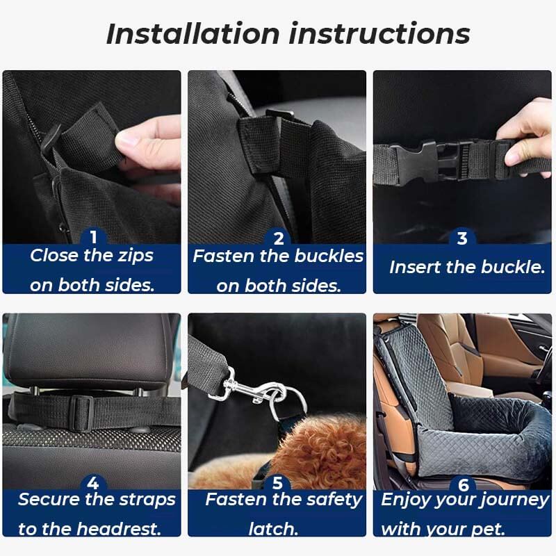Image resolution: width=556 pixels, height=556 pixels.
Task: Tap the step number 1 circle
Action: [92, 238]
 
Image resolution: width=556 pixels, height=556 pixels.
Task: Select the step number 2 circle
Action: [278, 238]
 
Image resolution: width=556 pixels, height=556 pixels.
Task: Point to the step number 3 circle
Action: [462, 238]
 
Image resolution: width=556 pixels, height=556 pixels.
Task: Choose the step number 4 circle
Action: [92, 482]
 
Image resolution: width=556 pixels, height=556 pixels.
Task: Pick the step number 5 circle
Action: [278, 482]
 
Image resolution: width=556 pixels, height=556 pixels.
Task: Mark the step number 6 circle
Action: [462, 482]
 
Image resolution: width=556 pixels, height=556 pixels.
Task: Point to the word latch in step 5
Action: [273, 528]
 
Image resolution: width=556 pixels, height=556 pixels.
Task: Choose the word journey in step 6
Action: [512, 500]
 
